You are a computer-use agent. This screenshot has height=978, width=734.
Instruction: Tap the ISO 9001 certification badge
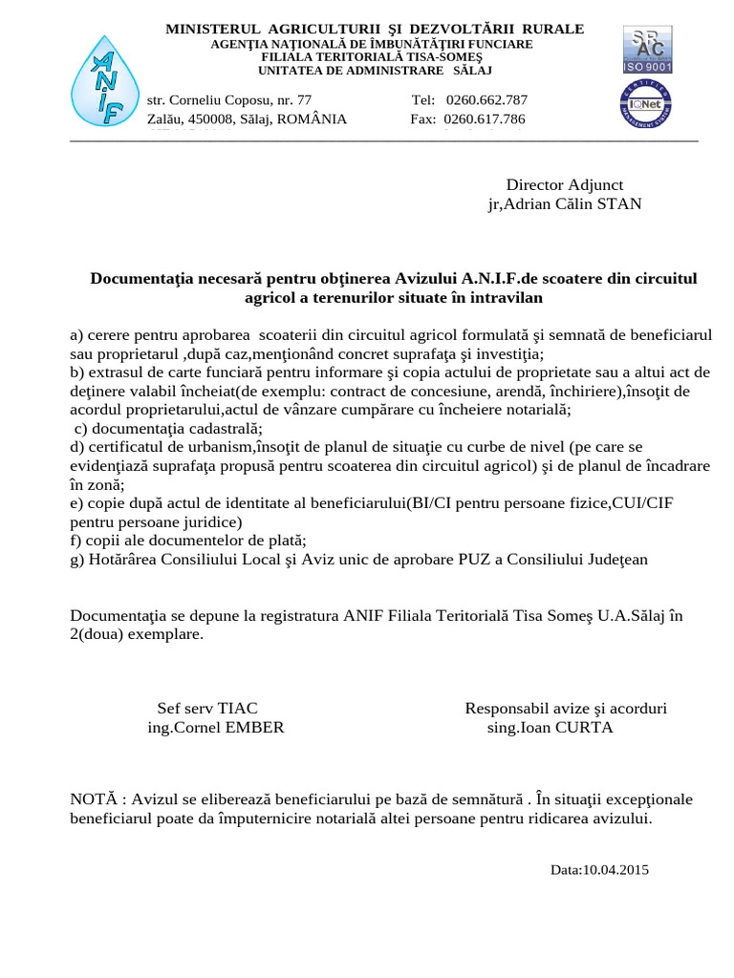(647, 51)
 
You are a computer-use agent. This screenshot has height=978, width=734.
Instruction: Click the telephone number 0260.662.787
(486, 99)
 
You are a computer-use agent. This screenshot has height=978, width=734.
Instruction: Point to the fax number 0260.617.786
(485, 119)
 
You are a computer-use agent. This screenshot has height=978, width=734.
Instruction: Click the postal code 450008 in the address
(214, 119)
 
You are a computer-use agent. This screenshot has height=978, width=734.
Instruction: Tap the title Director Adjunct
(564, 184)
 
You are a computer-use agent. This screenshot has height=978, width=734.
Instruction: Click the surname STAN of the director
(619, 203)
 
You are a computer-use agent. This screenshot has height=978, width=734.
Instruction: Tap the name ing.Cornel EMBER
(215, 727)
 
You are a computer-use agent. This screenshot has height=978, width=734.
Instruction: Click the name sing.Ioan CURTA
(550, 727)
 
